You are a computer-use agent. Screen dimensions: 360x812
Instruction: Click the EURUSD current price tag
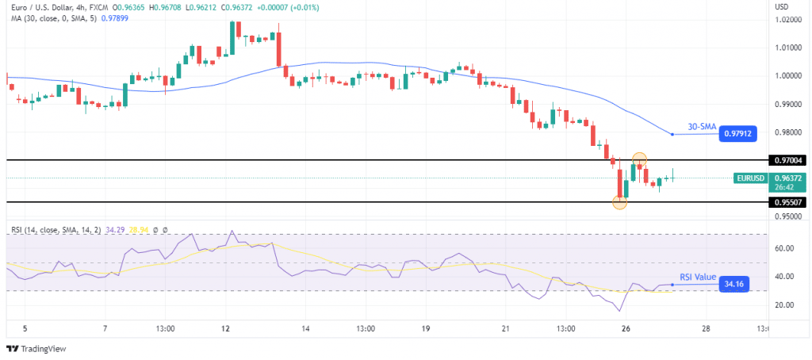click(751, 178)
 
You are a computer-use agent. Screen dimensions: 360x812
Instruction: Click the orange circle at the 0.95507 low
click(620, 202)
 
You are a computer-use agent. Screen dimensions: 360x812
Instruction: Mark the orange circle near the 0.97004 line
click(639, 159)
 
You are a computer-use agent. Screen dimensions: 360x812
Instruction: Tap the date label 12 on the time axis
click(226, 328)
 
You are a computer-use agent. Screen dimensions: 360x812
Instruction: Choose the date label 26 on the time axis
click(625, 328)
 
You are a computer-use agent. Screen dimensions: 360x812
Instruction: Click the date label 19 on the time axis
click(425, 328)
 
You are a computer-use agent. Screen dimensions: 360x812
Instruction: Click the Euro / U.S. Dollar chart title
click(44, 7)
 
